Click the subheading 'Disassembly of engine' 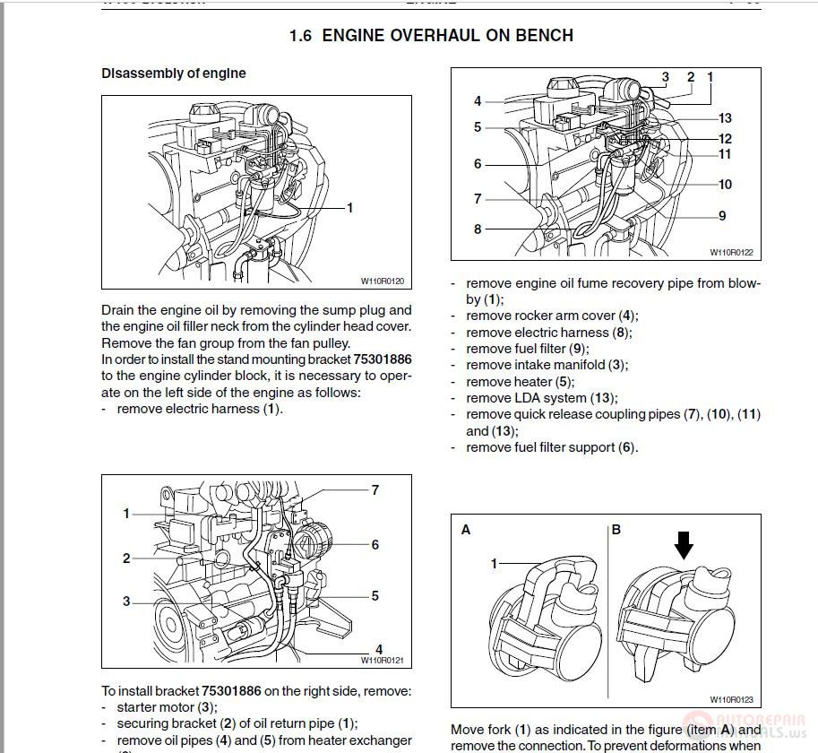click(173, 74)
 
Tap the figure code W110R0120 click(383, 281)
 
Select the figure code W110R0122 click(732, 253)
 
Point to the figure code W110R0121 click(383, 661)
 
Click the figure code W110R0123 click(732, 699)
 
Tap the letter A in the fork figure click(466, 530)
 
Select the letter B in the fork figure click(616, 530)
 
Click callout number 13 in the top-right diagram click(725, 118)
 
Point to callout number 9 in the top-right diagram click(722, 215)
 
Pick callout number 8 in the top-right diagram click(478, 229)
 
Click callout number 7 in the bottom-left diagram click(375, 489)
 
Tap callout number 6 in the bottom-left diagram click(375, 544)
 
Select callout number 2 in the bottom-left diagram click(126, 558)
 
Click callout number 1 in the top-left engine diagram click(349, 208)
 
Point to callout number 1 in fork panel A click(494, 564)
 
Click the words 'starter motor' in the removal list click(155, 707)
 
